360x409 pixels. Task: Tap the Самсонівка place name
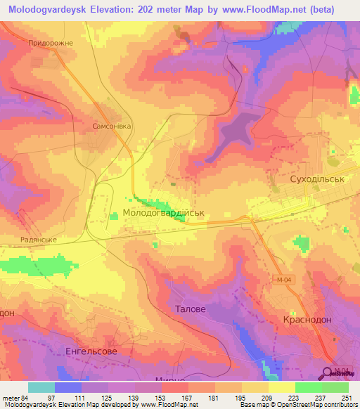coord(112,126)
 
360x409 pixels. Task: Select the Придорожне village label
coord(50,43)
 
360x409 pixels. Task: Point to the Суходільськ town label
coord(300,180)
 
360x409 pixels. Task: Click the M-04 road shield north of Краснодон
coord(281,279)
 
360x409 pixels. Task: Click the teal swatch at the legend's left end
coord(41,387)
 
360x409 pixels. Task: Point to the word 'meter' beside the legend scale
coord(10,398)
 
